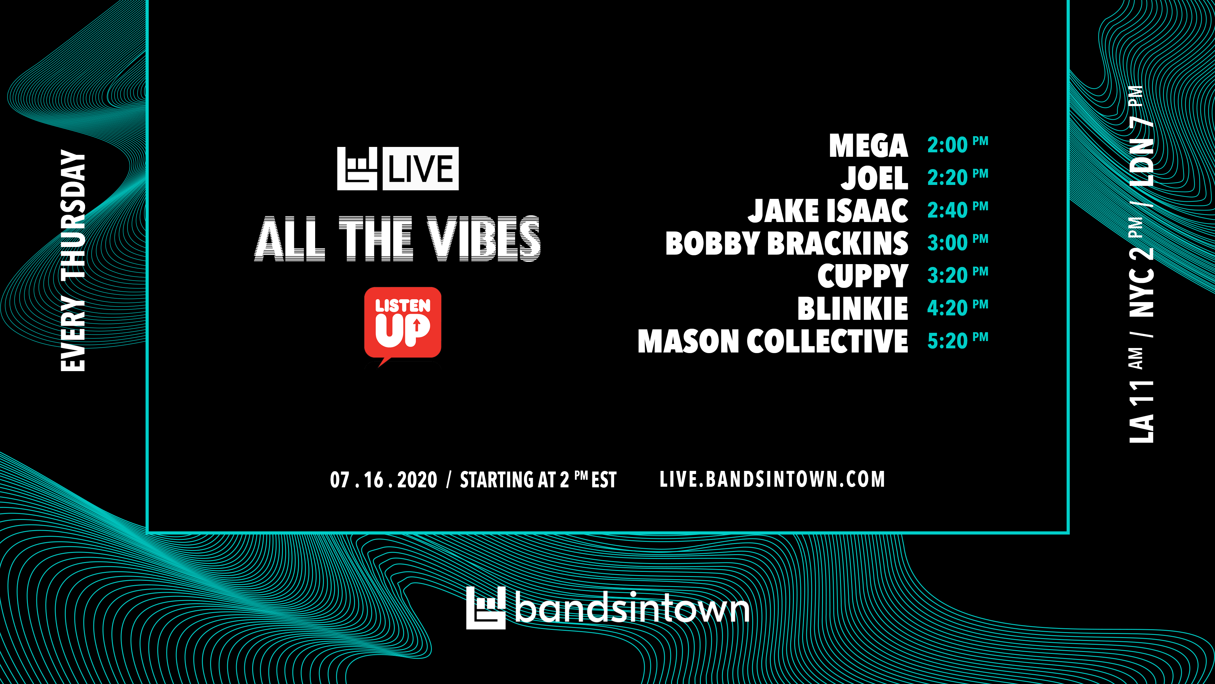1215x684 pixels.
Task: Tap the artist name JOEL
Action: (875, 178)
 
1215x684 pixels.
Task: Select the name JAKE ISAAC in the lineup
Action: (828, 211)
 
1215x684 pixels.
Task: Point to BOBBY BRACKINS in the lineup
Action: (787, 243)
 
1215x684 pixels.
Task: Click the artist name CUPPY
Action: (863, 276)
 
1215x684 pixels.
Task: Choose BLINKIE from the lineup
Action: (853, 309)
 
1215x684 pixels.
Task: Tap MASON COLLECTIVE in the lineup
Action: (773, 341)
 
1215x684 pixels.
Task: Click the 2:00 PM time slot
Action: (957, 144)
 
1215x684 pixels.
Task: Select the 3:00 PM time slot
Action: (957, 242)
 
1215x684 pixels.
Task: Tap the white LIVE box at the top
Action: (420, 168)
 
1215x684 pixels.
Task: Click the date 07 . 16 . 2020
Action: (383, 480)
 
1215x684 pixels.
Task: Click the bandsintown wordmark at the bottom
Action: (632, 608)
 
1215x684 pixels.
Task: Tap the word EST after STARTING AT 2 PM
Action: (604, 480)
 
